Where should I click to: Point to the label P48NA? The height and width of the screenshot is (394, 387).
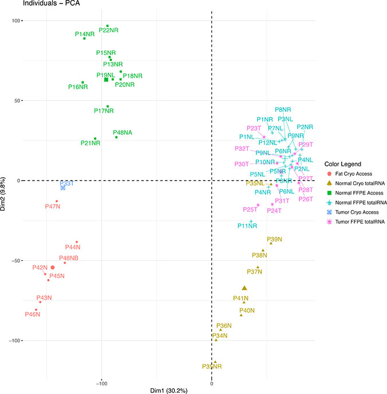(123, 132)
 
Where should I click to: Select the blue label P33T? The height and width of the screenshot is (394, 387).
(66, 183)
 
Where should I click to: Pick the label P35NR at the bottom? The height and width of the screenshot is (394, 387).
(212, 366)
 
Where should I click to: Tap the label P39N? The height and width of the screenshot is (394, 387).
(274, 239)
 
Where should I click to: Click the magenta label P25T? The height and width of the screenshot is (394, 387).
(251, 209)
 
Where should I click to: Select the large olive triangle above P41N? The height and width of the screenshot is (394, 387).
(244, 288)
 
